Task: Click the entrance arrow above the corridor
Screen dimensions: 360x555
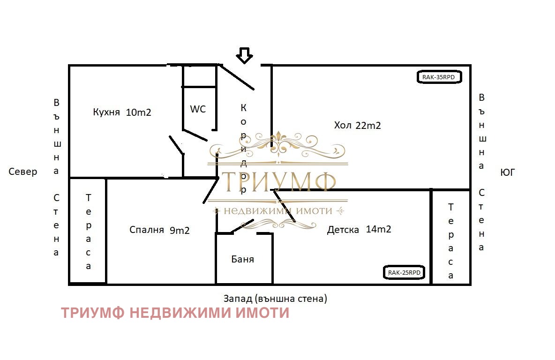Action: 244,55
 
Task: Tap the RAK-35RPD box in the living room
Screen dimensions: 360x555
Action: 439,77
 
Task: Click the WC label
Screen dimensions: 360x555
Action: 198,109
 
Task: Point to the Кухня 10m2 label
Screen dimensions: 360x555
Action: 122,112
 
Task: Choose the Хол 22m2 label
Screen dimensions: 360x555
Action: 357,126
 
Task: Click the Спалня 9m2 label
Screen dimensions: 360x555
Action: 159,230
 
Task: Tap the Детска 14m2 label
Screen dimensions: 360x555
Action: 359,229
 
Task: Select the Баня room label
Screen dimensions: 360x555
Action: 243,259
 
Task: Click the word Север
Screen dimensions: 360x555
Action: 23,172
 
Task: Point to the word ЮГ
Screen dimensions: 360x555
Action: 508,172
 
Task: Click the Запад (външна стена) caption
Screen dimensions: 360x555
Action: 275,298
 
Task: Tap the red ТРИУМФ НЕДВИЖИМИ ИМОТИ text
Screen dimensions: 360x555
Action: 175,313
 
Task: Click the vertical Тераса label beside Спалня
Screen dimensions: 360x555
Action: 88,232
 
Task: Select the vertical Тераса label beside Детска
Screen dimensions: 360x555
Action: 451,240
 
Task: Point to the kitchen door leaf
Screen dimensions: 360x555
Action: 176,145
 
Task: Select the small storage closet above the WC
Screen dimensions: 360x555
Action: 199,76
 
